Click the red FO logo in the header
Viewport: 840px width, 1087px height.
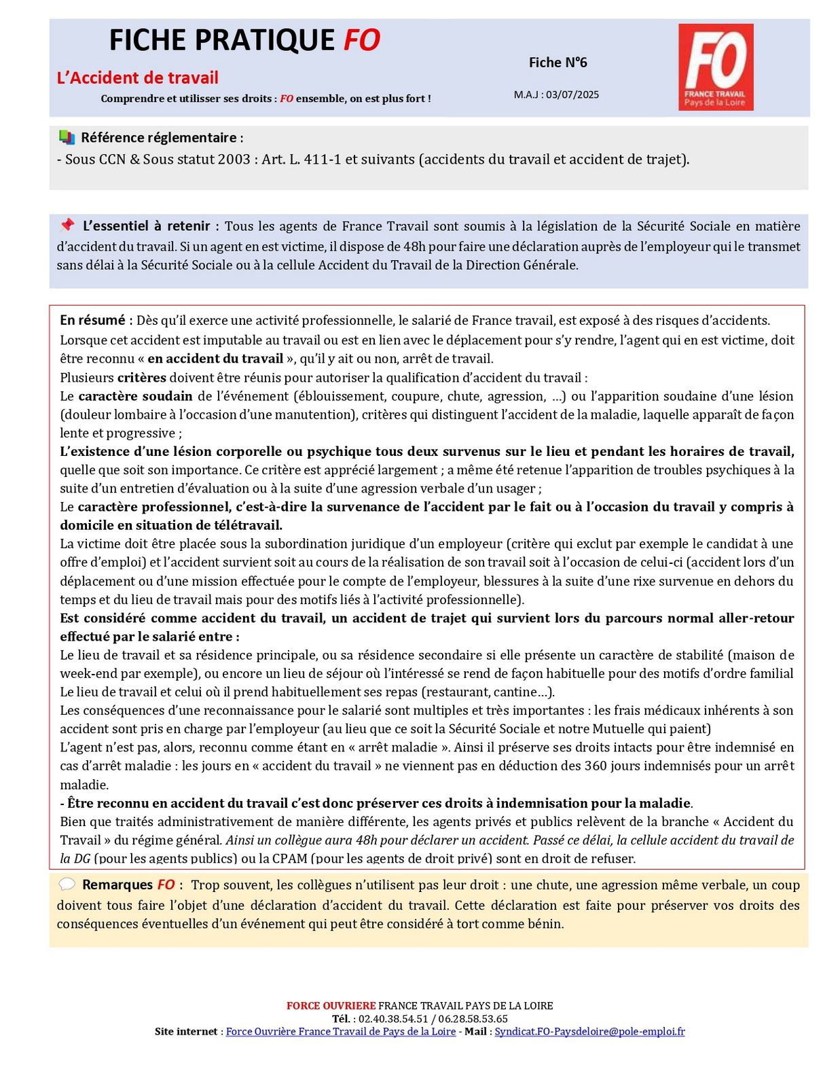tap(716, 67)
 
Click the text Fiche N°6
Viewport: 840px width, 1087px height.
tap(558, 63)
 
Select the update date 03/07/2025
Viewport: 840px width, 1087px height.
tap(572, 95)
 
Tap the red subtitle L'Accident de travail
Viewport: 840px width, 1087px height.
tap(138, 78)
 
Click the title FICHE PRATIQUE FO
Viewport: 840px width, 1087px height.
tap(244, 41)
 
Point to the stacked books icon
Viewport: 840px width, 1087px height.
tap(67, 137)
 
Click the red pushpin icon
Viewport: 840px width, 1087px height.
tap(67, 225)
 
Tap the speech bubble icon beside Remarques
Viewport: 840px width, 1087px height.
tap(67, 885)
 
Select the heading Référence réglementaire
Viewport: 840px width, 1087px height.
tap(159, 138)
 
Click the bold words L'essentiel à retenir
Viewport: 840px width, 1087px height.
tap(146, 226)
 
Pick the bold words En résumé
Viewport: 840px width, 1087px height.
tap(93, 321)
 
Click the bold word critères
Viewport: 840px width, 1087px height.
tap(141, 378)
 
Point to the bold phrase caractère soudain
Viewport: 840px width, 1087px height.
tap(135, 396)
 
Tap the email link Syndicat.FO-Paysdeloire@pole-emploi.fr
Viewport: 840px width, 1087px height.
tap(589, 1031)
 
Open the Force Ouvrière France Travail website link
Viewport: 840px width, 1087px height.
tap(341, 1031)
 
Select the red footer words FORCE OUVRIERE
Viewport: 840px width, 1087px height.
tap(331, 1005)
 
